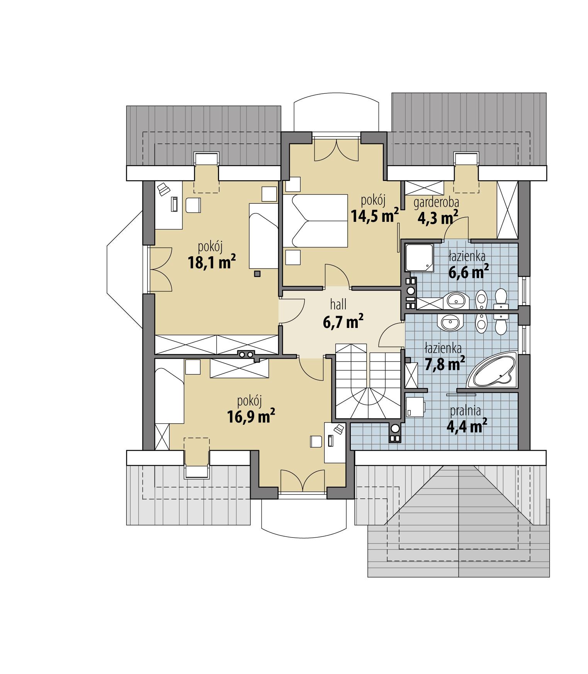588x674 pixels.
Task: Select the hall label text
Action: [338, 305]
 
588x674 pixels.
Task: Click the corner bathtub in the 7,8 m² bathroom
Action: [493, 371]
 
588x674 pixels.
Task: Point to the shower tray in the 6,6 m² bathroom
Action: [419, 257]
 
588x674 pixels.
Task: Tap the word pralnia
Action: [465, 411]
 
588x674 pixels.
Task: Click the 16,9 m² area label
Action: [251, 417]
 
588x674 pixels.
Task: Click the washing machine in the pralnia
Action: [415, 407]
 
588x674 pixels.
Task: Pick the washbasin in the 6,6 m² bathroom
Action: [456, 300]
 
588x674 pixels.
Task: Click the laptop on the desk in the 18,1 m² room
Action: [164, 189]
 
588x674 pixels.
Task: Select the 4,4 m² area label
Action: [466, 426]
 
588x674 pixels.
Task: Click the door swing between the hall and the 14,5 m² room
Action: [336, 275]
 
